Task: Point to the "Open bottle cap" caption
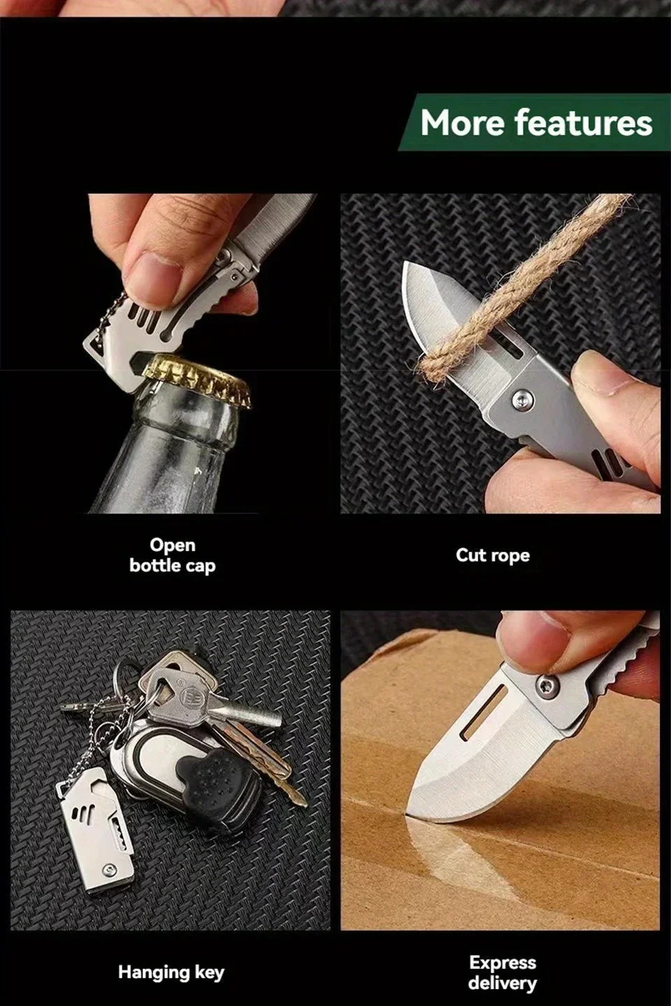coord(173,555)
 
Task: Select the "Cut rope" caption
coord(493,555)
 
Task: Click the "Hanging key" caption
coord(171,972)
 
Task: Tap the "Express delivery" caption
coord(503,972)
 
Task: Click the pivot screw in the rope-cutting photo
coord(523,399)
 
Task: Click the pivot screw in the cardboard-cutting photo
coord(549,685)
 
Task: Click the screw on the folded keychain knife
coord(108,870)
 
